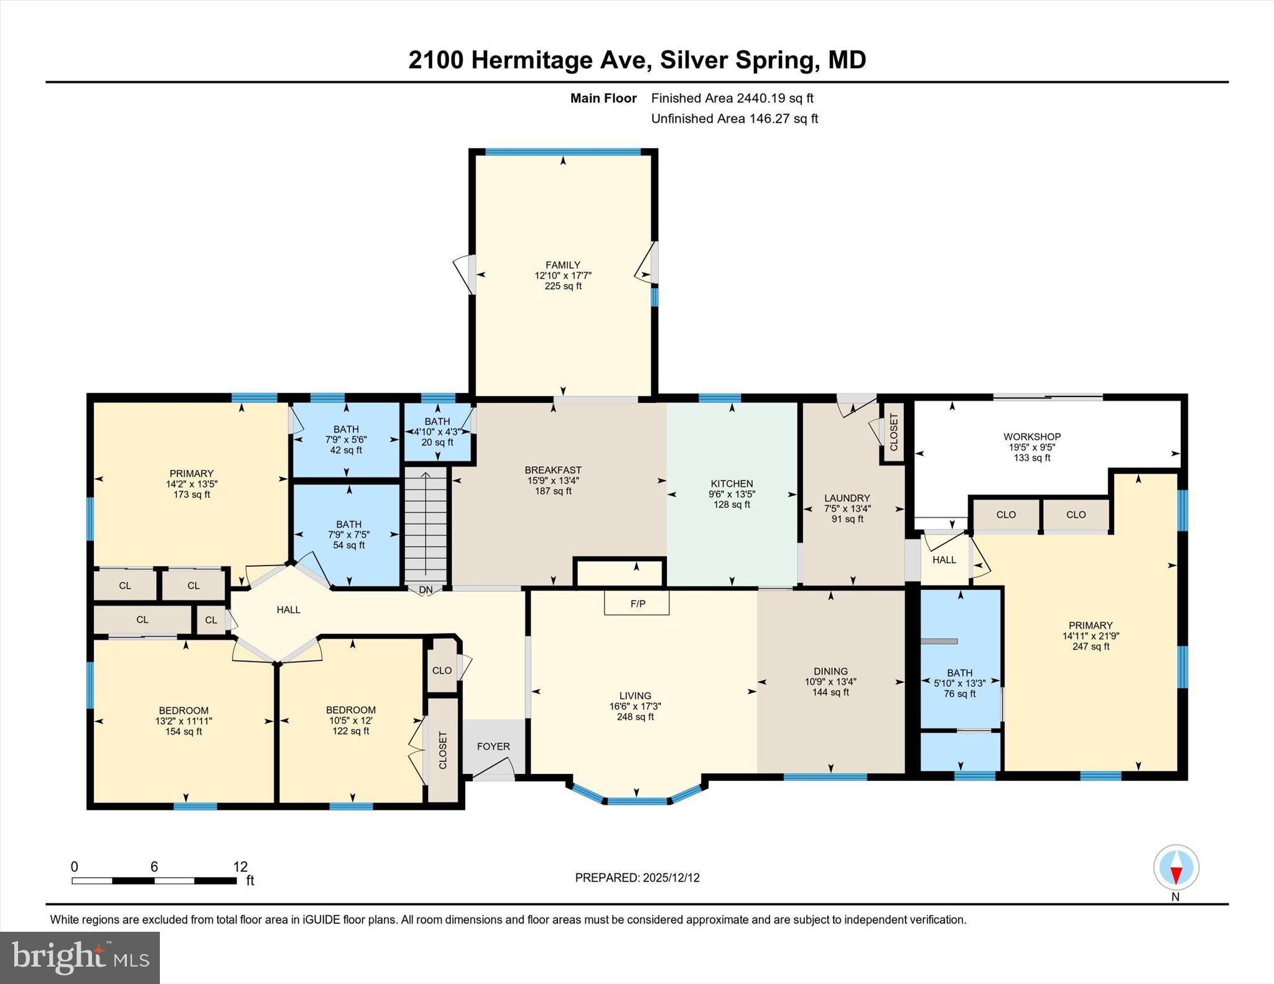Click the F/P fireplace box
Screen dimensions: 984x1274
coord(637,603)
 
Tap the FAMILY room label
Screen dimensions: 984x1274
coord(563,265)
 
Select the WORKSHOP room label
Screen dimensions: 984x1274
coord(1031,436)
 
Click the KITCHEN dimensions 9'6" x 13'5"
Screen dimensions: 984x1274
coord(732,494)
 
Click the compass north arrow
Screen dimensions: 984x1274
coord(1176,868)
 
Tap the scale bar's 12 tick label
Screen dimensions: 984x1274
coord(240,867)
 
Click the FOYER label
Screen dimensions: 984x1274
coord(493,746)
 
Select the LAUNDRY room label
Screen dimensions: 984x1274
coord(847,498)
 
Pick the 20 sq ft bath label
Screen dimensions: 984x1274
coord(437,443)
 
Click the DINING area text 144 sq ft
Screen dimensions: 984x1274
coord(830,692)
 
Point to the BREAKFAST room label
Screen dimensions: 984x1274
coord(553,470)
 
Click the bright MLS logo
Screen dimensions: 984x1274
coord(80,957)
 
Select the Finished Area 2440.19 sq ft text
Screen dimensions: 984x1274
coord(732,98)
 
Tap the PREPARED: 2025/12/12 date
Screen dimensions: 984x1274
coord(637,878)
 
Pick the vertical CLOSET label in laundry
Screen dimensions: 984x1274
coord(894,432)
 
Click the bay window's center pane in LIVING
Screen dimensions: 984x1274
coord(636,801)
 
